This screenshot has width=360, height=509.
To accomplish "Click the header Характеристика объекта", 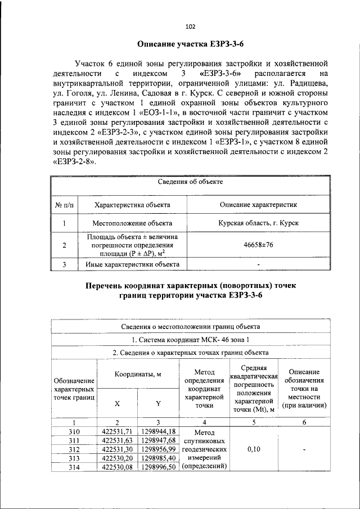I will tap(132, 205).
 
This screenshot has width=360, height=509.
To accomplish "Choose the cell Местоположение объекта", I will tap(132, 223).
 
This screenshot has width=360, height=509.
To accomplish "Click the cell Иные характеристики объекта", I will tap(132, 264).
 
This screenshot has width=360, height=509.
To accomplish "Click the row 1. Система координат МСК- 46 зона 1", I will tap(190, 340).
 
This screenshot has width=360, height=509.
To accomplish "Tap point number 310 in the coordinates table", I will tap(74, 431).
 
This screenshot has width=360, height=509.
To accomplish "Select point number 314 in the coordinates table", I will tap(74, 467).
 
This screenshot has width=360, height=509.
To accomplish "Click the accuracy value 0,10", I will tap(256, 449).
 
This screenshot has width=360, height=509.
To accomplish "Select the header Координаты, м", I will tap(138, 374).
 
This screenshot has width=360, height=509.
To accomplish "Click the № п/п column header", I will tap(65, 205).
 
